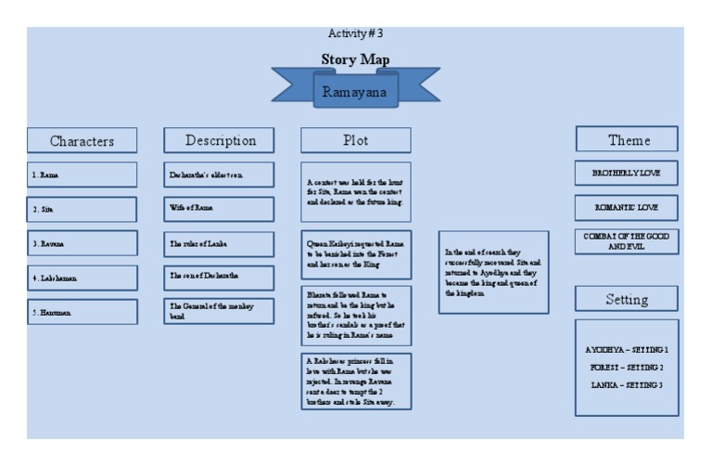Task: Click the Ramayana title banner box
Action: (355, 91)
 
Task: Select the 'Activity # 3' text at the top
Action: (355, 33)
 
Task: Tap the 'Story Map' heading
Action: (355, 59)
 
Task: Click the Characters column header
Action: (82, 141)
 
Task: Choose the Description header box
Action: (220, 140)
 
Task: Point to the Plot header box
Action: (356, 140)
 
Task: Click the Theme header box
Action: (628, 139)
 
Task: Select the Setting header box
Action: (628, 299)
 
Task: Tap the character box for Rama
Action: (82, 175)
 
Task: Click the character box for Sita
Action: (82, 210)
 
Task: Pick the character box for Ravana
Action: (82, 243)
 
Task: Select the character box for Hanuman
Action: (82, 313)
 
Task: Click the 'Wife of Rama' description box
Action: (220, 209)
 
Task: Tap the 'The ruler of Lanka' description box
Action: (220, 243)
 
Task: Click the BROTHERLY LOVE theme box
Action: (628, 173)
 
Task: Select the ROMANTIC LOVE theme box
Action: (628, 206)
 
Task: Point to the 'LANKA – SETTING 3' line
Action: (628, 384)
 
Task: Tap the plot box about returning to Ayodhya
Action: (495, 272)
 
